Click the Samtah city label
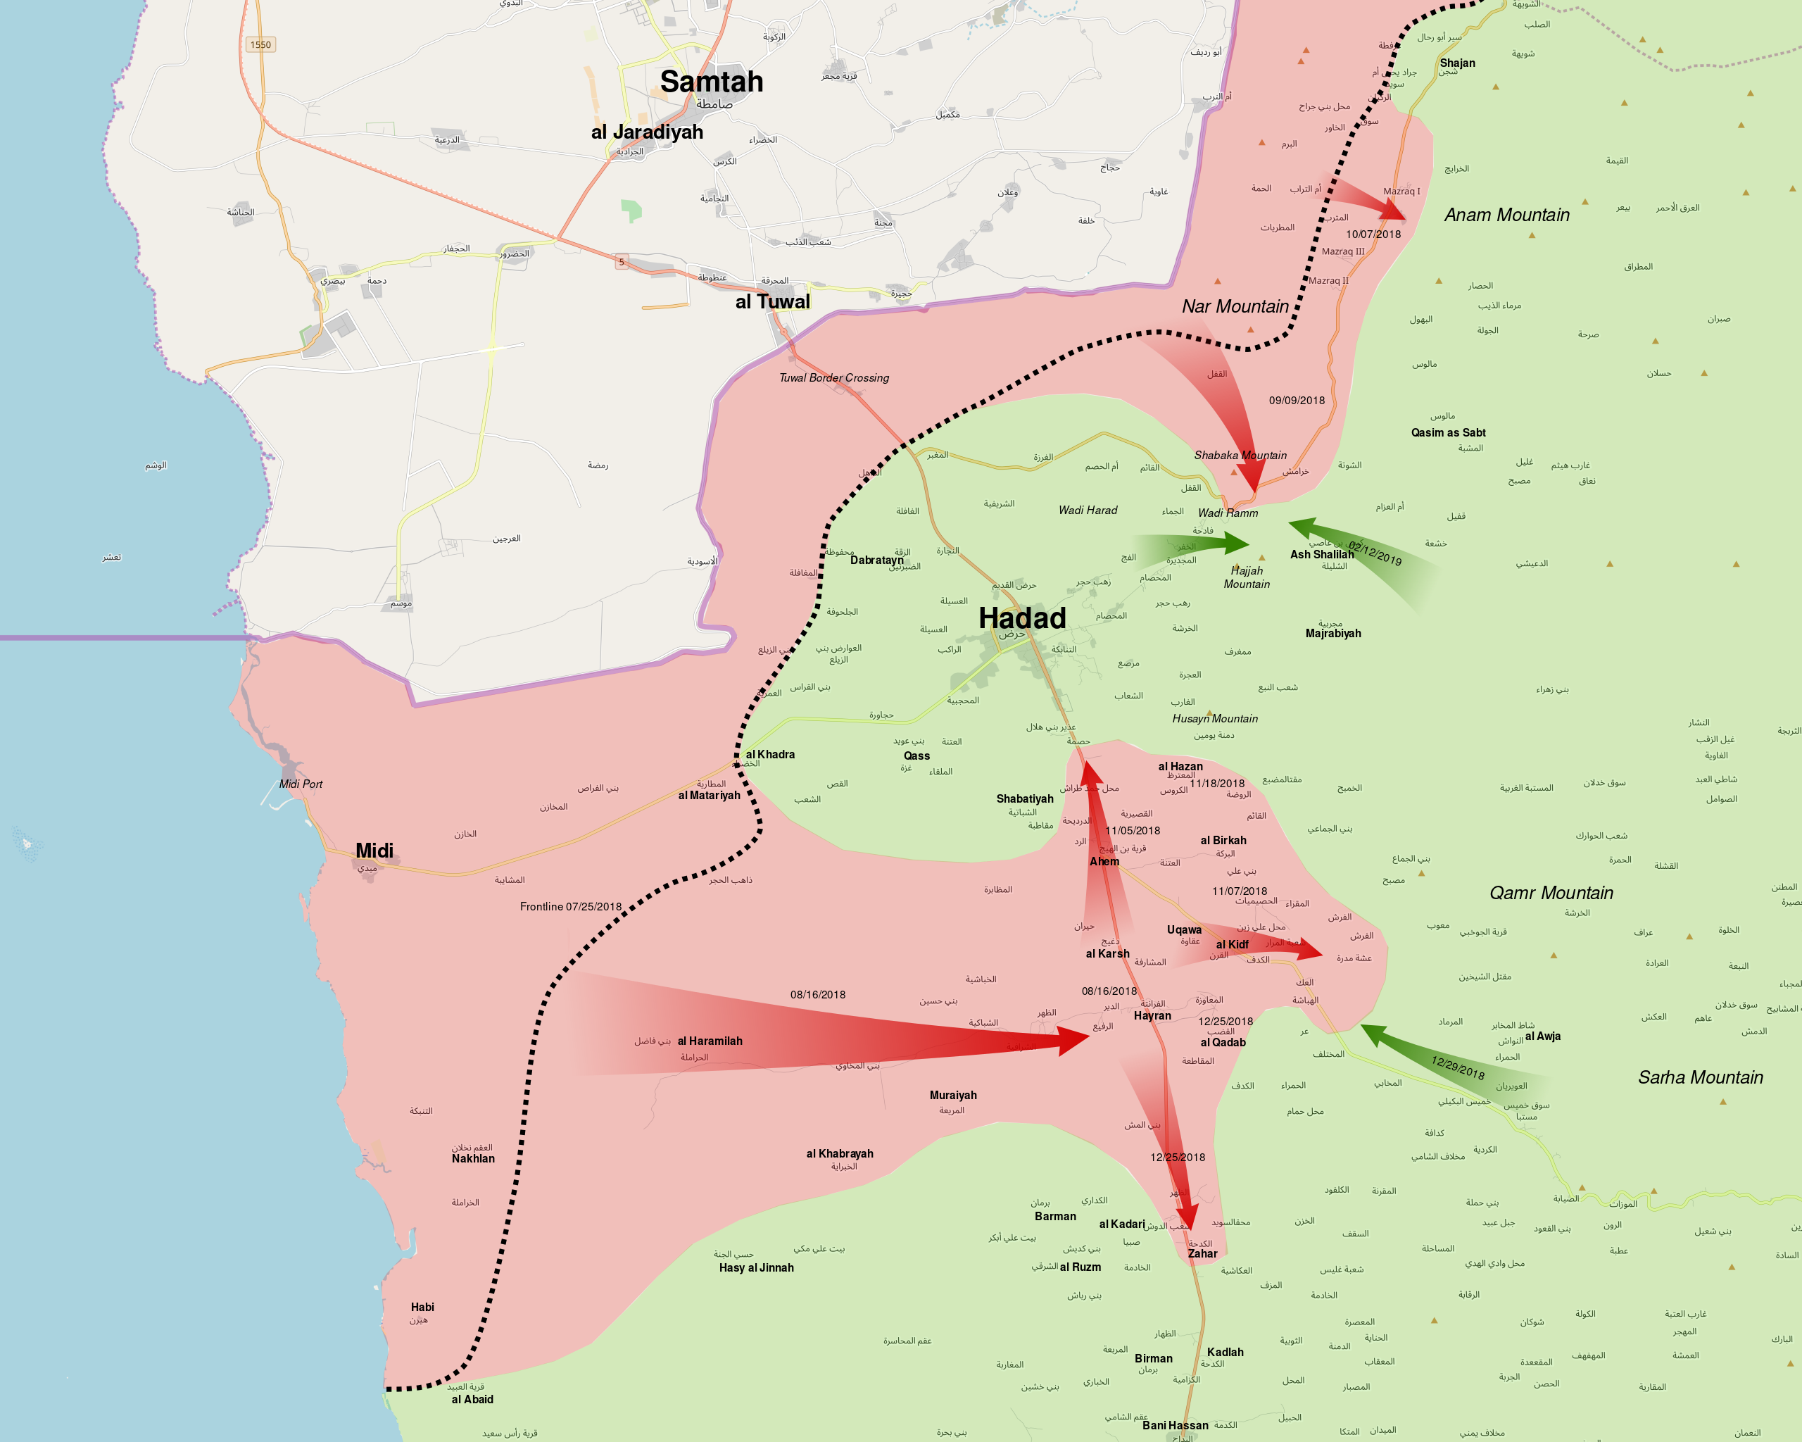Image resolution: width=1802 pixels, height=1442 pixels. (x=711, y=82)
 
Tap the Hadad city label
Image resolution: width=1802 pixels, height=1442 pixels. (x=1021, y=619)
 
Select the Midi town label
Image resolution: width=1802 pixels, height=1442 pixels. (x=374, y=850)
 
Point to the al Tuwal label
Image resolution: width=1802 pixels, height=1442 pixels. (x=772, y=302)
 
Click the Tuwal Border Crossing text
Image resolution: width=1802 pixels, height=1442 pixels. (x=833, y=378)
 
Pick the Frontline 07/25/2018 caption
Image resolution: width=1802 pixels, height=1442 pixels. (x=570, y=906)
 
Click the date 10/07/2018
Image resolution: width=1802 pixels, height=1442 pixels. (x=1373, y=234)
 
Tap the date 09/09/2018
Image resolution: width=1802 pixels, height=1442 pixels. (x=1297, y=401)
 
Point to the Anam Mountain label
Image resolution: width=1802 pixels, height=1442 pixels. (x=1506, y=215)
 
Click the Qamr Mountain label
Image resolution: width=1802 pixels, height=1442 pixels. (x=1551, y=893)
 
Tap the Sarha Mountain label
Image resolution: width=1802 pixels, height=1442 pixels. (x=1700, y=1077)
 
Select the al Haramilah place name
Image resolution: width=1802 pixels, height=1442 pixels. (x=710, y=1041)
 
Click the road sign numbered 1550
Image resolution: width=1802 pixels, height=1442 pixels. (x=260, y=44)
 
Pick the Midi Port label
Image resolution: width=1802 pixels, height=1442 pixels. (x=300, y=784)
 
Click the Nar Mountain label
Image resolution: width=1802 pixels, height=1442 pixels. (x=1235, y=307)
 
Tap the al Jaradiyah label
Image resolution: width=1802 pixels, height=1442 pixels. (x=647, y=132)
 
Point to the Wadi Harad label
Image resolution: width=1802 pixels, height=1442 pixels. (x=1088, y=510)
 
